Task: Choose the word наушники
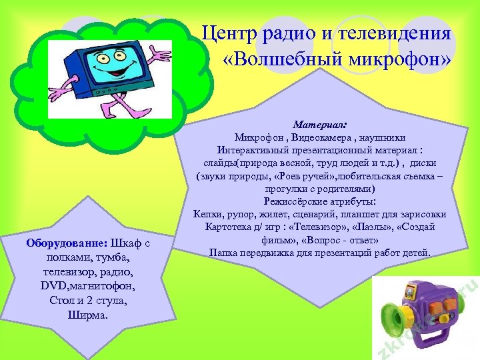tap(381, 137)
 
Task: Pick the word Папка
tap(225, 253)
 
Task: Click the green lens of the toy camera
tap(394, 317)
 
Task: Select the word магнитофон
tap(104, 285)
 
